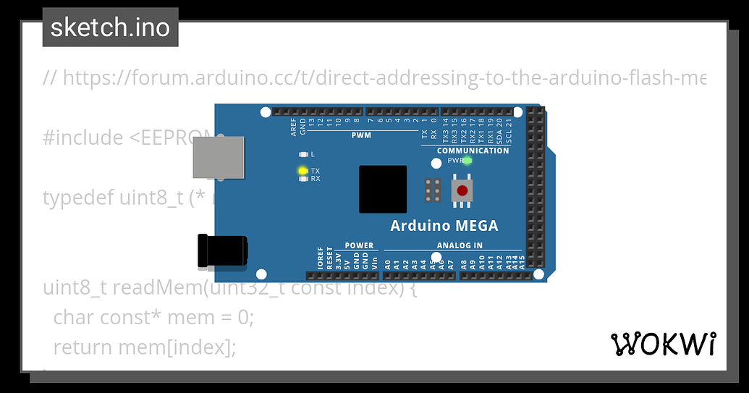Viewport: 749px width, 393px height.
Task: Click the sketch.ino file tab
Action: (110, 28)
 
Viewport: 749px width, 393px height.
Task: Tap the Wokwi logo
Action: (664, 345)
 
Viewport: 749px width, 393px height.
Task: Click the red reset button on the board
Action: (462, 191)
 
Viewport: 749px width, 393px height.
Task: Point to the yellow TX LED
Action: (302, 171)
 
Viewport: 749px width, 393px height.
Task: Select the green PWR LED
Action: (467, 160)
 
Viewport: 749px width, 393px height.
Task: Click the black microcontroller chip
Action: (383, 189)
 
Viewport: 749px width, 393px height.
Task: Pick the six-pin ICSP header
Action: (433, 190)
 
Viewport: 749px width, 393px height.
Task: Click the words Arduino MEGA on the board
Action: (444, 226)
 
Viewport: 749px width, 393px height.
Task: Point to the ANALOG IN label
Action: (460, 245)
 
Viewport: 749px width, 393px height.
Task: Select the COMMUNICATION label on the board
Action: (473, 151)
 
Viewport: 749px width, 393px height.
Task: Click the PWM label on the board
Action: (361, 135)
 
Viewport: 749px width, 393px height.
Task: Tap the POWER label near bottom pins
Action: (359, 245)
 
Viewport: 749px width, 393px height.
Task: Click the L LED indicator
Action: (302, 154)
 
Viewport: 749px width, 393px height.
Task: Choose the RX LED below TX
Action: (302, 179)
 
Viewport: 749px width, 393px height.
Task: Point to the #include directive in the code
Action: (83, 138)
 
